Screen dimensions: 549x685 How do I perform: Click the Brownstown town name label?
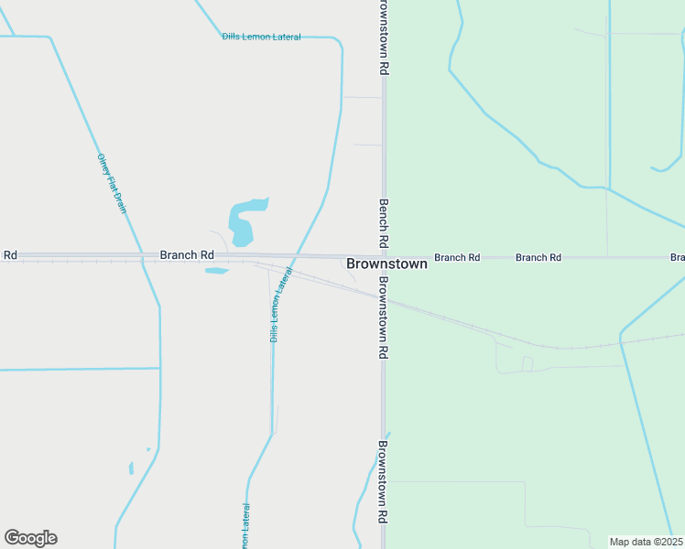(386, 264)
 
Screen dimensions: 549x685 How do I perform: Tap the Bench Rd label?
(384, 222)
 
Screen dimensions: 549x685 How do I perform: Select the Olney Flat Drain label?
(112, 184)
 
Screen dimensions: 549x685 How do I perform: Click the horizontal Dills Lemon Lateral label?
(261, 37)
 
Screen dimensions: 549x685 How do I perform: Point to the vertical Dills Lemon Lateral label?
(280, 305)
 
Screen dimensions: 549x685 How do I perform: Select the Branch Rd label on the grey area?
(187, 254)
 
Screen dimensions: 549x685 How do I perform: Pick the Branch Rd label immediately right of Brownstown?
(457, 258)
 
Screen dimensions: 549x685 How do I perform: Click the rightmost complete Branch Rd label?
(538, 258)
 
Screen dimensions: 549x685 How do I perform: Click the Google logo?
(30, 538)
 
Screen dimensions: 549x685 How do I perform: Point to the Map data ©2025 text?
(646, 542)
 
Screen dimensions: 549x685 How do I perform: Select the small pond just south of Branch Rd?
(216, 271)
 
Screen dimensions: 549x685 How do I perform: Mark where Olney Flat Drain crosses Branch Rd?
(142, 257)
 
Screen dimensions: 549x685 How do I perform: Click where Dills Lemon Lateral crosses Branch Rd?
(293, 257)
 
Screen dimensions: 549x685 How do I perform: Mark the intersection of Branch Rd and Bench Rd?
(384, 257)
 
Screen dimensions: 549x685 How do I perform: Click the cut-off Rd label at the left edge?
(10, 254)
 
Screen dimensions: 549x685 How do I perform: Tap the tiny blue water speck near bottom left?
(131, 468)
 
